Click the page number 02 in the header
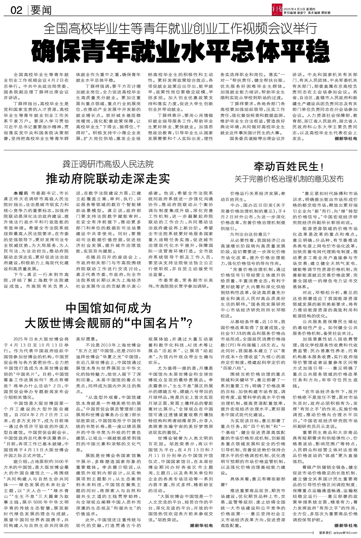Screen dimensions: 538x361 click(x=17, y=11)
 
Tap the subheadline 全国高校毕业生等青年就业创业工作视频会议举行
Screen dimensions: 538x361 click(x=180, y=29)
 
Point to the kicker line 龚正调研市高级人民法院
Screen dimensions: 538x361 click(x=108, y=165)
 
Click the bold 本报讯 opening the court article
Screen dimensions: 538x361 click(x=20, y=193)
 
